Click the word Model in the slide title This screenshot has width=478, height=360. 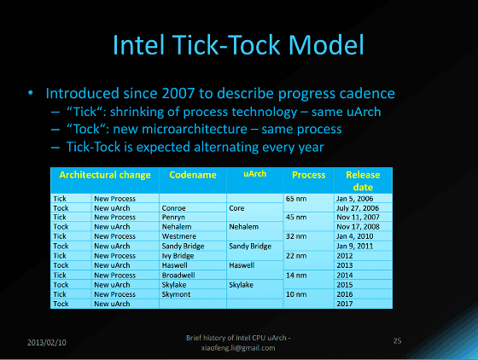[326, 45]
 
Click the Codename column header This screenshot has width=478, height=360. [193, 175]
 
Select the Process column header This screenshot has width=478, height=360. [308, 175]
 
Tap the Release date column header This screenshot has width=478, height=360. [363, 181]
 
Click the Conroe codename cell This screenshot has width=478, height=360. [173, 208]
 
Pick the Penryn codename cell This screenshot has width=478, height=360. [173, 218]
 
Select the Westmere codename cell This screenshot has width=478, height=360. [179, 236]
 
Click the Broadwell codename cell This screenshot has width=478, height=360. [178, 275]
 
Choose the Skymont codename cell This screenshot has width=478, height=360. [176, 294]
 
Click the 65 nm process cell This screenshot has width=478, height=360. [296, 199]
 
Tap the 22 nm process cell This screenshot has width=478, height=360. [296, 256]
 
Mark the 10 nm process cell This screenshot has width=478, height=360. [296, 294]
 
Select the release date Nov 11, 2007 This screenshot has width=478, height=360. [358, 218]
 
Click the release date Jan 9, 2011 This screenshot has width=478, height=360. [354, 246]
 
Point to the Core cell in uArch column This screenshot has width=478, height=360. [236, 208]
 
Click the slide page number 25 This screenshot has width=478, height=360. [397, 341]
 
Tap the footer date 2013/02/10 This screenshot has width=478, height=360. [47, 343]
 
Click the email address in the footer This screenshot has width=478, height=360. [238, 348]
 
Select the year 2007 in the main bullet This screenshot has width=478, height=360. [178, 93]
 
